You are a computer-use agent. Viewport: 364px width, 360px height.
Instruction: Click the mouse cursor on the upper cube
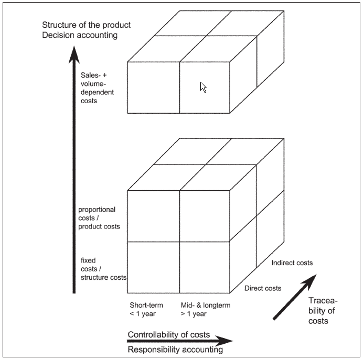point(204,88)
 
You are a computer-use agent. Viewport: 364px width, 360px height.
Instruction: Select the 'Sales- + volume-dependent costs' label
point(97,88)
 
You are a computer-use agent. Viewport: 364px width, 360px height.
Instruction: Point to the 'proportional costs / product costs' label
point(99,218)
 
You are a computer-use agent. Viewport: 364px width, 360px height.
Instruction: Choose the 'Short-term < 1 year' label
point(146,309)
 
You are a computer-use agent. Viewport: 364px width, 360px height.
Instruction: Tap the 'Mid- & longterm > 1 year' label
point(206,309)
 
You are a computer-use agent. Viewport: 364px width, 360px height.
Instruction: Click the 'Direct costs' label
point(263,288)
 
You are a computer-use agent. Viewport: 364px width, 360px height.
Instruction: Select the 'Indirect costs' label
point(292,263)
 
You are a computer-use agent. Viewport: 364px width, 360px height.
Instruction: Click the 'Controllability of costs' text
point(168,334)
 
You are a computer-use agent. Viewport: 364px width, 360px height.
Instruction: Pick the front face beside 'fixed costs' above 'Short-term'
point(153,267)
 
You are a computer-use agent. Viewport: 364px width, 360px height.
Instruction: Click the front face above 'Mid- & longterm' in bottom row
point(205,267)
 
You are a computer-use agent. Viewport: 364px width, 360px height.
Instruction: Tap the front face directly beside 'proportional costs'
point(153,216)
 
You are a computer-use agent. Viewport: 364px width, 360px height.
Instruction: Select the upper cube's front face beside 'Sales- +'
point(153,87)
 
